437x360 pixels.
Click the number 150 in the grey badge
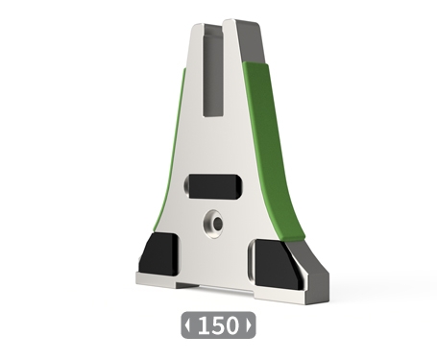click(218, 325)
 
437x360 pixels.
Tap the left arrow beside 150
click(187, 325)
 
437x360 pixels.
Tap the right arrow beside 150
click(250, 325)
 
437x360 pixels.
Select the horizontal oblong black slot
click(213, 184)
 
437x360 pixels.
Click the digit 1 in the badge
click(203, 325)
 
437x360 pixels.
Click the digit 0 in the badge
click(231, 325)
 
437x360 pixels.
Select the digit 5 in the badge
click(217, 325)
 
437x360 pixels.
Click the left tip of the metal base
click(140, 279)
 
